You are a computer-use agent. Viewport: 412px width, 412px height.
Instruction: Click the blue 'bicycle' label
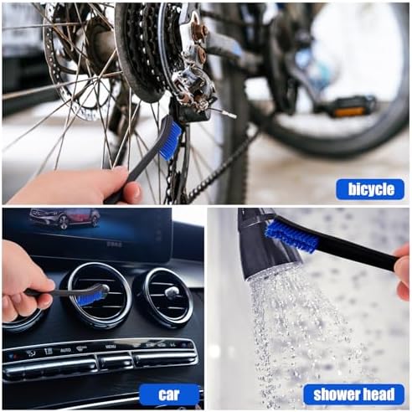coord(370,190)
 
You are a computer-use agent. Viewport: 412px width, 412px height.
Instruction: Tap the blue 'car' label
coord(169,394)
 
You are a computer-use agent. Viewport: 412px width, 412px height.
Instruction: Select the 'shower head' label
coord(354,394)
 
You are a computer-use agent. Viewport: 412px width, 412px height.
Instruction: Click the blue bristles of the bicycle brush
coord(170,141)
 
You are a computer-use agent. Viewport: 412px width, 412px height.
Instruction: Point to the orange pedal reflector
coord(350,112)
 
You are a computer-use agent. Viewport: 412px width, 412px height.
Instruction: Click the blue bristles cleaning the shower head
coord(291,237)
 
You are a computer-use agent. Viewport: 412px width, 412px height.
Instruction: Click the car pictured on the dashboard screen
coord(64,219)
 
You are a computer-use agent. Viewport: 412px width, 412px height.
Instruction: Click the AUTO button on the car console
coord(66,350)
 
